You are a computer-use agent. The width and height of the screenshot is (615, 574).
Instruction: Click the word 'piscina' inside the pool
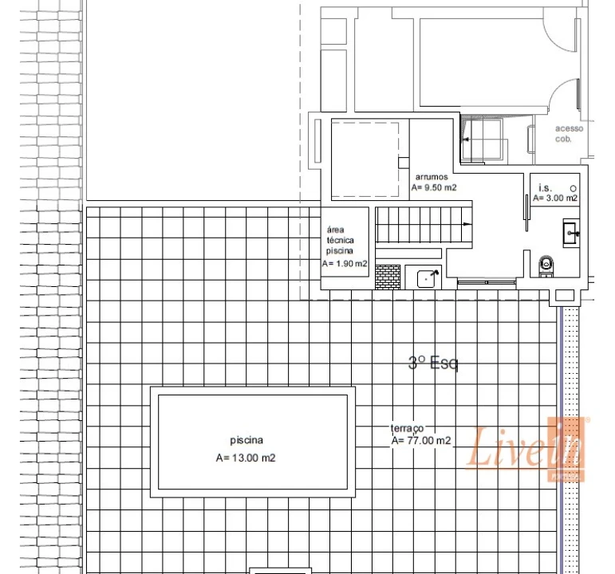click(246, 440)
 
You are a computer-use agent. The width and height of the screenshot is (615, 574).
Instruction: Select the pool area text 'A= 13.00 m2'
click(246, 458)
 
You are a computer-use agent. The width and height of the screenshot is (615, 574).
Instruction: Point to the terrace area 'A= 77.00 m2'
click(421, 440)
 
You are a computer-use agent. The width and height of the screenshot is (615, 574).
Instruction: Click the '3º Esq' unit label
click(433, 364)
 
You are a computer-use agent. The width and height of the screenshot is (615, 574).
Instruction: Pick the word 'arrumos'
click(432, 176)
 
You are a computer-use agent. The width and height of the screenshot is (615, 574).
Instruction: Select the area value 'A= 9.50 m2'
click(434, 188)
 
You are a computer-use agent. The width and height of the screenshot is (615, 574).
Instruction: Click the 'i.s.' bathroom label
click(545, 187)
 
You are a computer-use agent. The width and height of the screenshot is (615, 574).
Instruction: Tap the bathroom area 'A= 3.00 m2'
click(555, 198)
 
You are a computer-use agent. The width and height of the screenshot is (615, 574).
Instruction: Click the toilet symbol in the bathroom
click(546, 263)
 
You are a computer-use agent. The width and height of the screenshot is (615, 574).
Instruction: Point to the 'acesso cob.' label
click(570, 133)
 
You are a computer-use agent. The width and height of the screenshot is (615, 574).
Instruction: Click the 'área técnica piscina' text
click(345, 238)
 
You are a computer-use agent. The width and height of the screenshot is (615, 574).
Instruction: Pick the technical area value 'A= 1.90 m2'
click(345, 263)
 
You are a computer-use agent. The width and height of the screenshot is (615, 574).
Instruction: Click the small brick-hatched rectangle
click(387, 277)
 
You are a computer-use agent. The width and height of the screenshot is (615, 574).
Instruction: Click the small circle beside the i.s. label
click(573, 187)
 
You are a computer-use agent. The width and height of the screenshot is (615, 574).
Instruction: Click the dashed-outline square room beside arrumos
click(365, 160)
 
